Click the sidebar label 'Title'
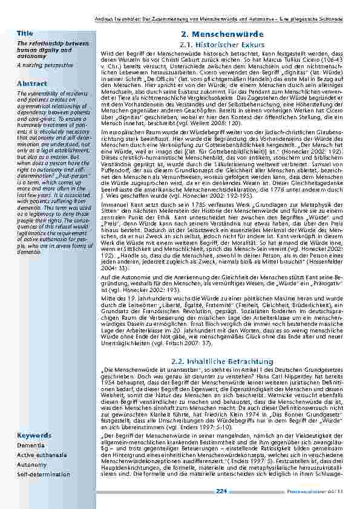point(25,33)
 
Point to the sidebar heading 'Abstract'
point(28,83)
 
